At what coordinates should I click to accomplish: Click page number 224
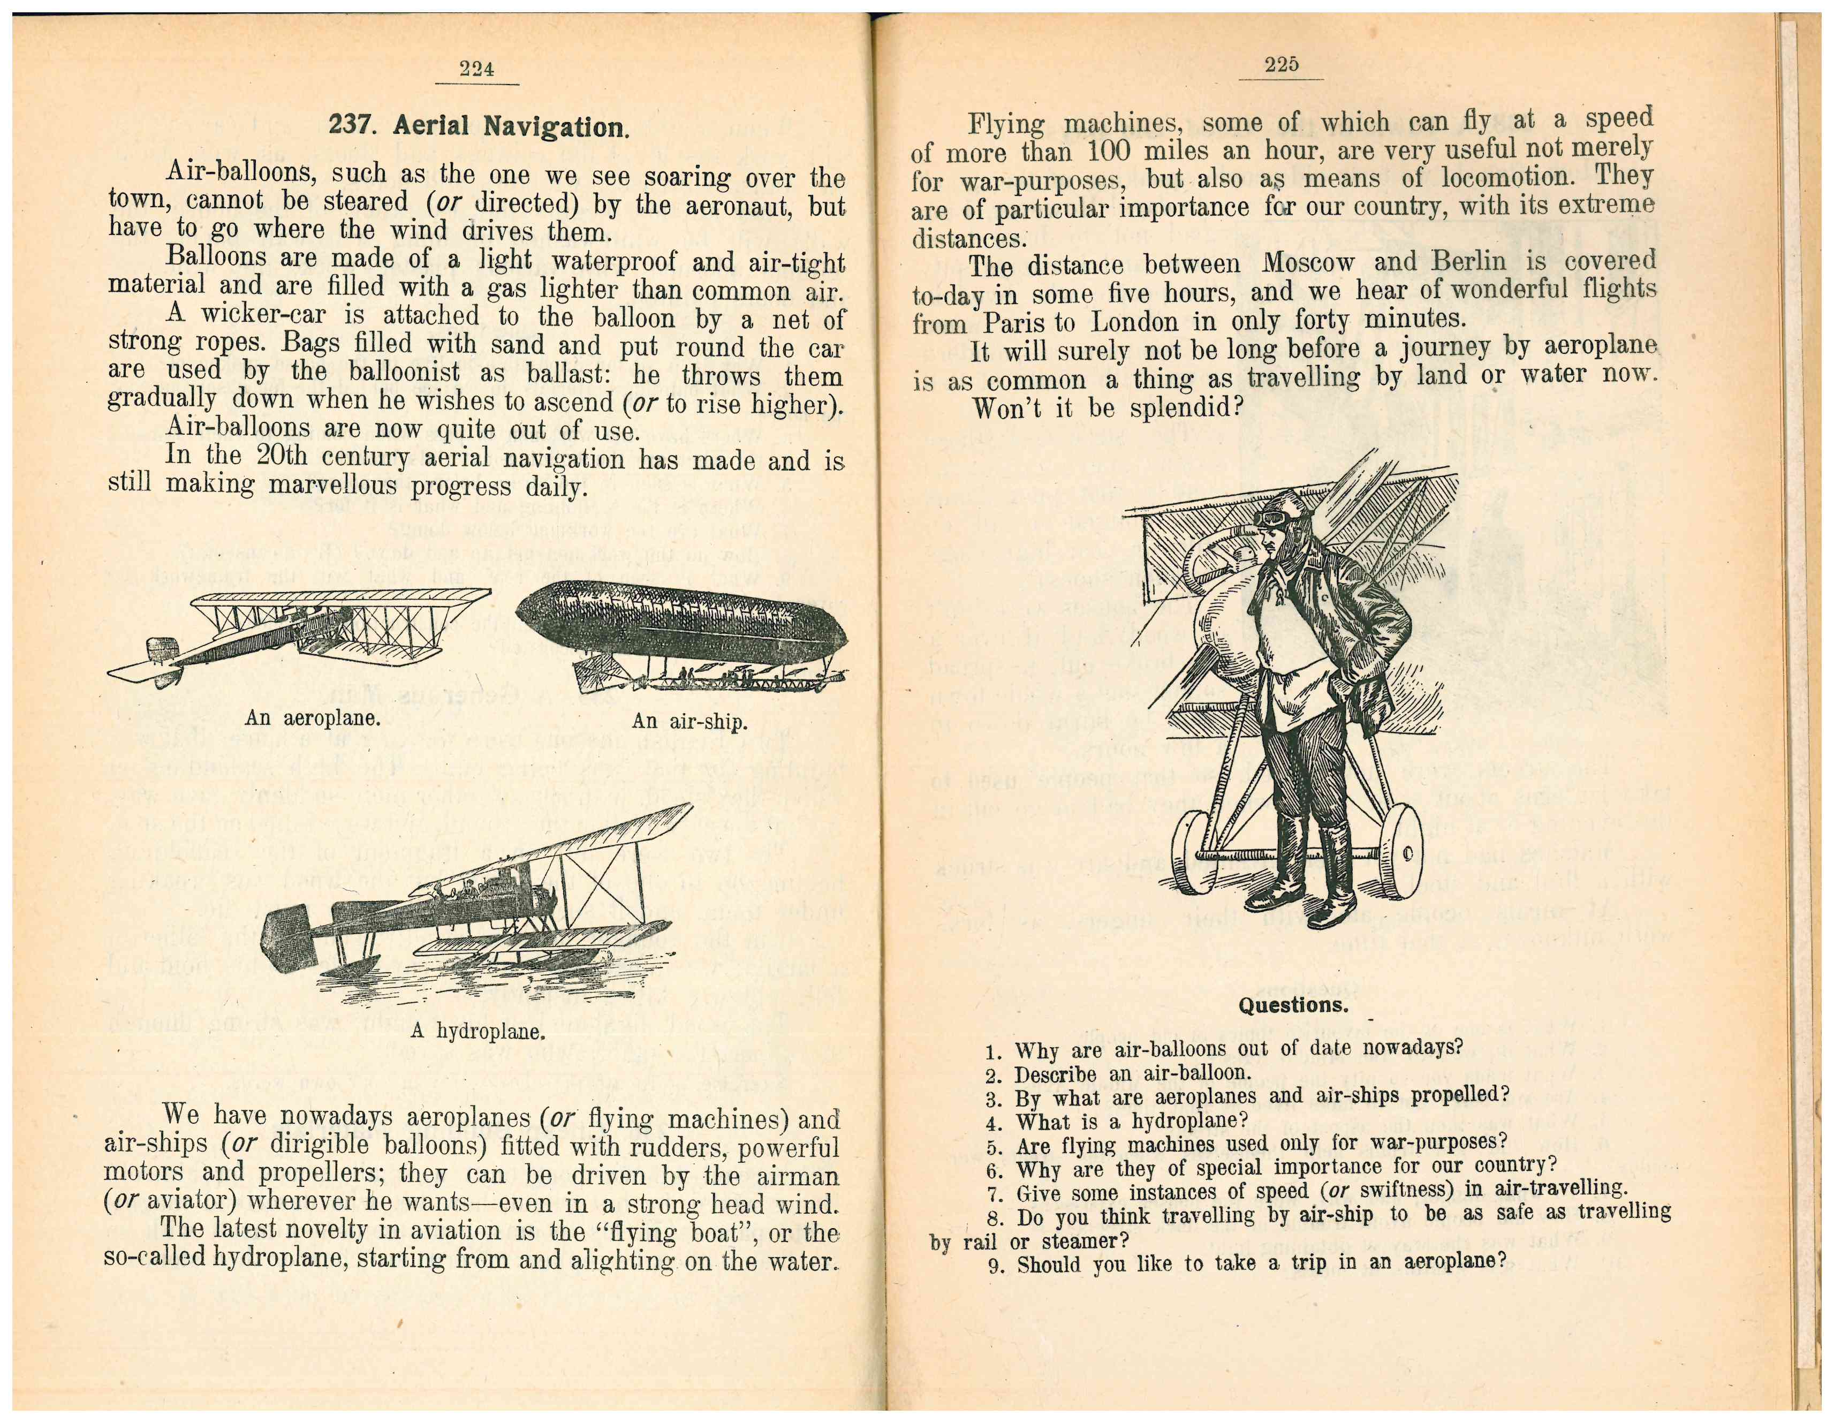click(476, 69)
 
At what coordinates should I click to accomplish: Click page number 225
click(1280, 65)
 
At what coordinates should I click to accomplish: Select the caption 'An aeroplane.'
click(313, 719)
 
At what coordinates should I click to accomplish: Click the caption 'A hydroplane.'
click(478, 1032)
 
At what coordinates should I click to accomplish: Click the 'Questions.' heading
click(1293, 1005)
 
